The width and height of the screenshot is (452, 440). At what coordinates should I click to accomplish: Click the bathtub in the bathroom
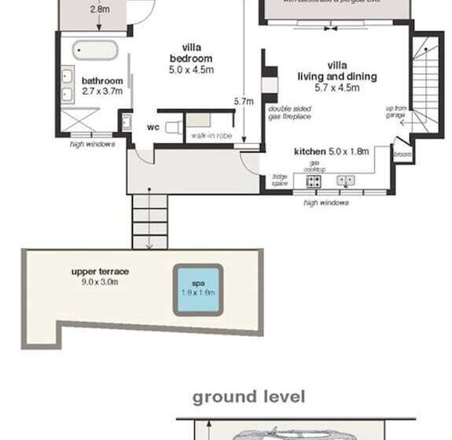(x=95, y=51)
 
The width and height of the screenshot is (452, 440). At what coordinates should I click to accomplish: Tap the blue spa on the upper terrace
(x=198, y=291)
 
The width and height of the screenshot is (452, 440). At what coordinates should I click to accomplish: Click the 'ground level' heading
(x=248, y=397)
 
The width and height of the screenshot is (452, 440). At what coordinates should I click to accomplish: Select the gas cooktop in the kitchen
(x=314, y=181)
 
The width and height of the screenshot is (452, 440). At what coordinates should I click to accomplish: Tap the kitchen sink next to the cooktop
(x=346, y=181)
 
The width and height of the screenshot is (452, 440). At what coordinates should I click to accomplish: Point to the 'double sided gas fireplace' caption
(x=289, y=112)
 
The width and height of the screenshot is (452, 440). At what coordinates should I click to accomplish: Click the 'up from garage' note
(x=395, y=112)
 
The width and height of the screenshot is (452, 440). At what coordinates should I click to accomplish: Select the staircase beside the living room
(x=428, y=82)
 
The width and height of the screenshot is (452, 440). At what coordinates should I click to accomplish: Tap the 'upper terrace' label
(x=100, y=272)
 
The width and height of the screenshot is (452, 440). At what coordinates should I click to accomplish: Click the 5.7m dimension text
(x=244, y=101)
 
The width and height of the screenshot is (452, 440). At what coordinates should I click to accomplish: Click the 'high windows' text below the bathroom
(x=92, y=144)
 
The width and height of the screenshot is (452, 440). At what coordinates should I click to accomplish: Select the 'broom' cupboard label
(x=402, y=155)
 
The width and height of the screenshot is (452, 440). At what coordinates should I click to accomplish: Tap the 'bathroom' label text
(x=102, y=81)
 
